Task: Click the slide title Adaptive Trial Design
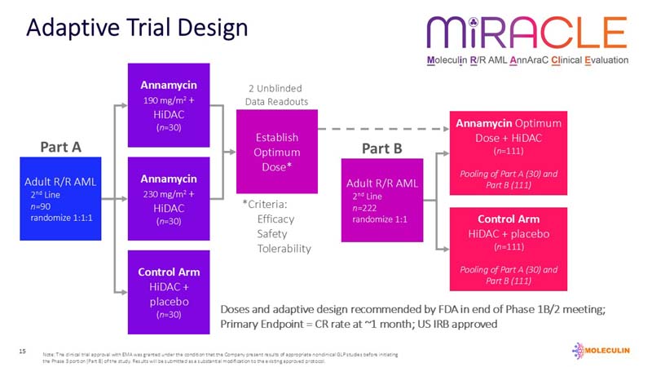[x=137, y=28]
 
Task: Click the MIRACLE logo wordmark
[x=526, y=33]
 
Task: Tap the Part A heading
[x=61, y=148]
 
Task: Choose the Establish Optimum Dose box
[x=276, y=151]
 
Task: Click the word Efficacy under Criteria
[x=275, y=219]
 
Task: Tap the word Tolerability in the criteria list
[x=284, y=248]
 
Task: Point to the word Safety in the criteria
[x=272, y=233]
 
